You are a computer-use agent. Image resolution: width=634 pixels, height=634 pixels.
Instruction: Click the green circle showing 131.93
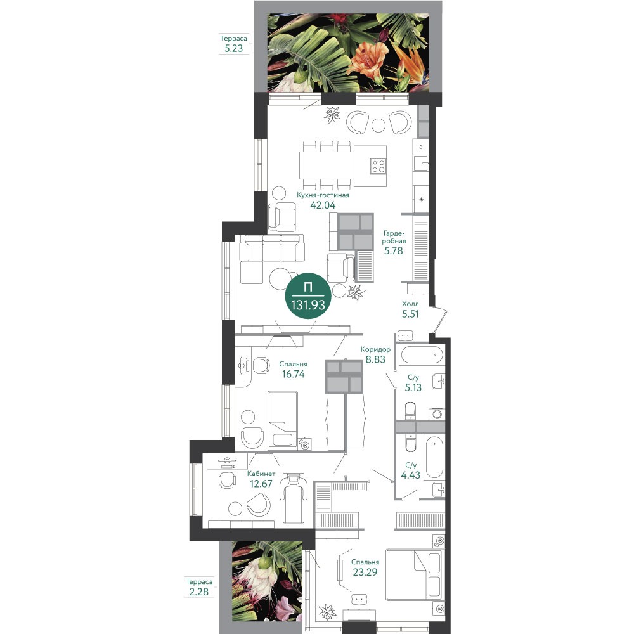pos(308,296)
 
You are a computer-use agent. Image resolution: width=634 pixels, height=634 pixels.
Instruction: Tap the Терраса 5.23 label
pos(234,44)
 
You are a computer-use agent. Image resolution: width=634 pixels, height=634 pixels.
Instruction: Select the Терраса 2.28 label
pos(199,587)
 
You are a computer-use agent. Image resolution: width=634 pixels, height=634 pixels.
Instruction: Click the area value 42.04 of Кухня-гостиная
pos(323,205)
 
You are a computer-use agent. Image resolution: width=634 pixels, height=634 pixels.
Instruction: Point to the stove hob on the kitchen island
pos(378,165)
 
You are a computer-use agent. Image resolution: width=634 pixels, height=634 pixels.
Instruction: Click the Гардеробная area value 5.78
pos(394,250)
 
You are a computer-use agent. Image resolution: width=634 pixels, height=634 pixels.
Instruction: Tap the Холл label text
pos(410,304)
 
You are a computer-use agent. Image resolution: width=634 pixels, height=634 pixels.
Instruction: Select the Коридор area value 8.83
pos(375,359)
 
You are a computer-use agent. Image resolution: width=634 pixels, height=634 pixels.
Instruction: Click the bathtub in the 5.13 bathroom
pos(421,356)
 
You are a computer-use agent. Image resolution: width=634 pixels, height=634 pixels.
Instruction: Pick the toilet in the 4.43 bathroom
pos(410,443)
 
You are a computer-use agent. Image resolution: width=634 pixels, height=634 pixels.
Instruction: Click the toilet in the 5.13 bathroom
pos(410,410)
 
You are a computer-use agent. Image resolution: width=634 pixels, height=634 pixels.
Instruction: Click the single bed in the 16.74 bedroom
pos(283,420)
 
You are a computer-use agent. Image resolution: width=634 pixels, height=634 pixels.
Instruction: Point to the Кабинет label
pos(261,474)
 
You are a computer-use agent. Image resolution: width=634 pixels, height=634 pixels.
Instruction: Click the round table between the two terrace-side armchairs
pos(378,126)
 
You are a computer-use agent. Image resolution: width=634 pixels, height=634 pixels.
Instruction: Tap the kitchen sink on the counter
pos(421,164)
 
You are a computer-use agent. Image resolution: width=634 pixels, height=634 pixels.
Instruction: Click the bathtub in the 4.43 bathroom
pos(434,457)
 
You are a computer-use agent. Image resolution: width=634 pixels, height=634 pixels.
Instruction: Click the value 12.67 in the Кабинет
pos(261,484)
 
